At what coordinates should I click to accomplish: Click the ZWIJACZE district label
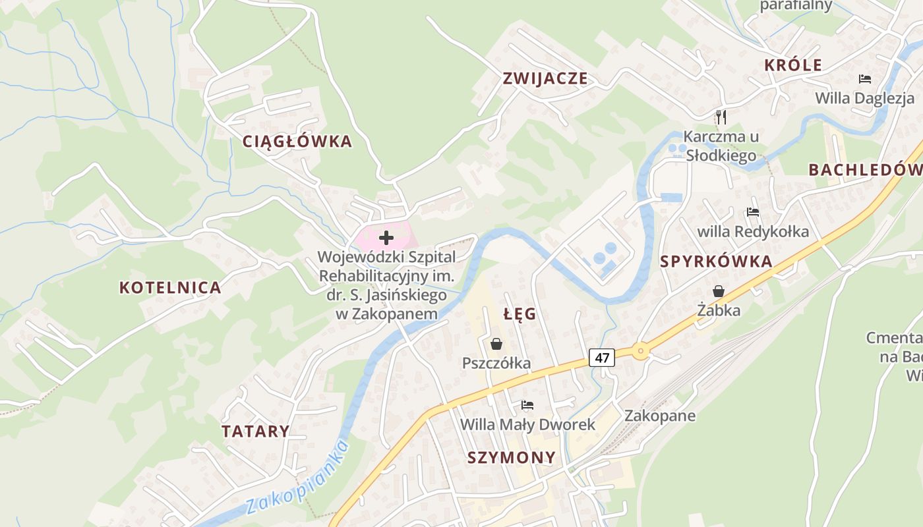(545, 78)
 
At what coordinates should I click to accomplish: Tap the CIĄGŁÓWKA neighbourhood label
(297, 142)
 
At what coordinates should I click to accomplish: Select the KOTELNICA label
(170, 288)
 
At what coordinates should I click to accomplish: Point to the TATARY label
(255, 431)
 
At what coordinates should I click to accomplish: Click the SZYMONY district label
(512, 457)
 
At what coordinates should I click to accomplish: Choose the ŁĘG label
(520, 314)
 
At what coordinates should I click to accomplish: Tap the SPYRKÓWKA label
(716, 262)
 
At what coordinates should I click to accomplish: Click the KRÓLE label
(793, 65)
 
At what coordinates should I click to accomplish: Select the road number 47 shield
(601, 358)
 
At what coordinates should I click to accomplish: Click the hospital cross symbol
(386, 237)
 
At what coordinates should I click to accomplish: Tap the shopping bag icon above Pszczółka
(496, 343)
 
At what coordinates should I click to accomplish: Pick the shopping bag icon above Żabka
(718, 291)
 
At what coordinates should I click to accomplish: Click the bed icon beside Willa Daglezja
(865, 79)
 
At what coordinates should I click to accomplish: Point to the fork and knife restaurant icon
(721, 117)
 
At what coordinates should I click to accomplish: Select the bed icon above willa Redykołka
(753, 212)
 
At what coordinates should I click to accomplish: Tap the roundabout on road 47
(640, 350)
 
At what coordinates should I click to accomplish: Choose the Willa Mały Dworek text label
(527, 424)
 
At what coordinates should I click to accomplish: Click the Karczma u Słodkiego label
(721, 146)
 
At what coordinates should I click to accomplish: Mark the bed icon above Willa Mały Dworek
(527, 404)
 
